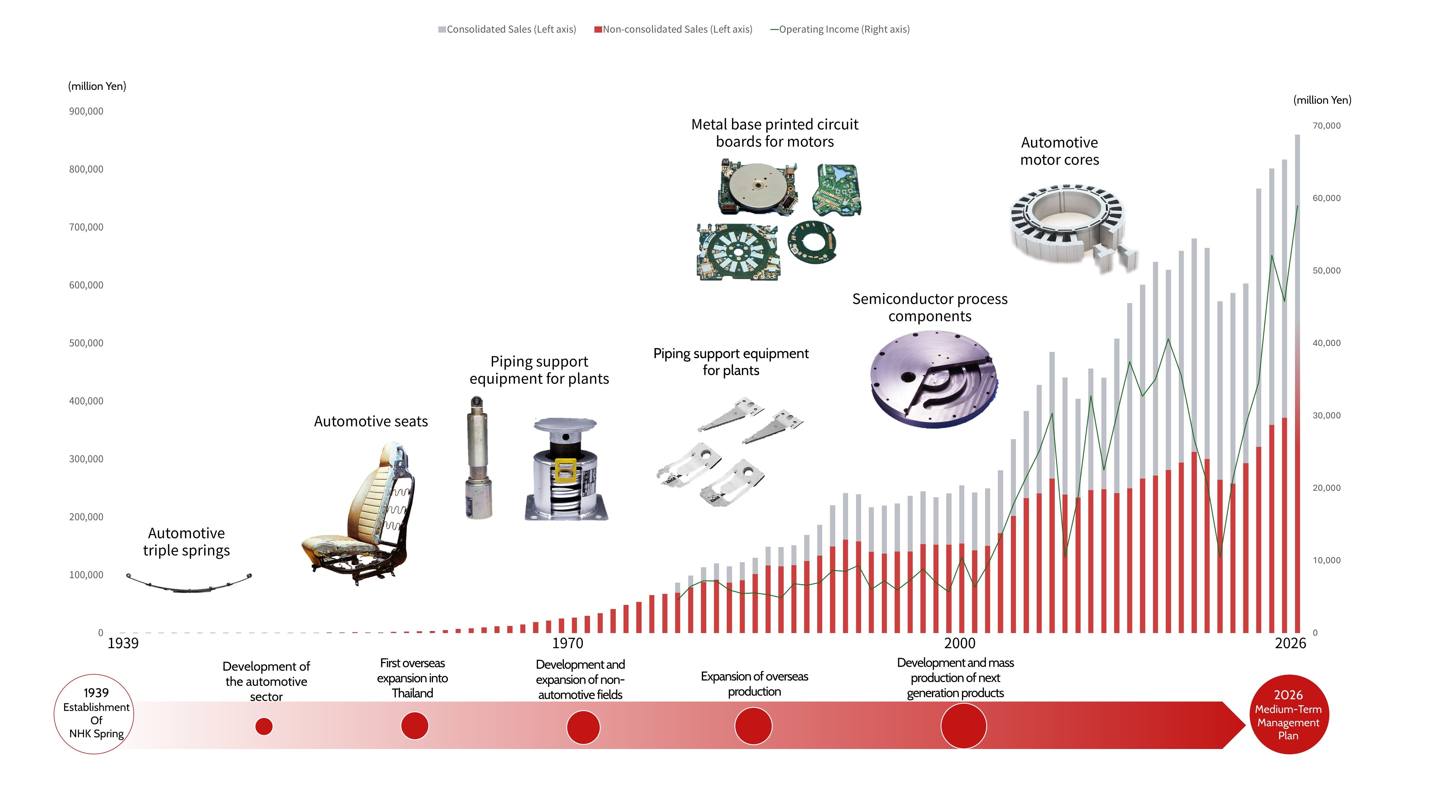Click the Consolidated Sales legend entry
507,29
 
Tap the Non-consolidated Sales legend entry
673,29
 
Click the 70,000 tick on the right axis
1326,126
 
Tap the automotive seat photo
359,512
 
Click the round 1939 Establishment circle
94,714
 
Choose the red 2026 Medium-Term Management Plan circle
1288,714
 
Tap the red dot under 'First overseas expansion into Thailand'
414,726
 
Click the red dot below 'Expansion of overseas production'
753,726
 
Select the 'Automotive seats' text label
371,422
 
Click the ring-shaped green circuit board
812,243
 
